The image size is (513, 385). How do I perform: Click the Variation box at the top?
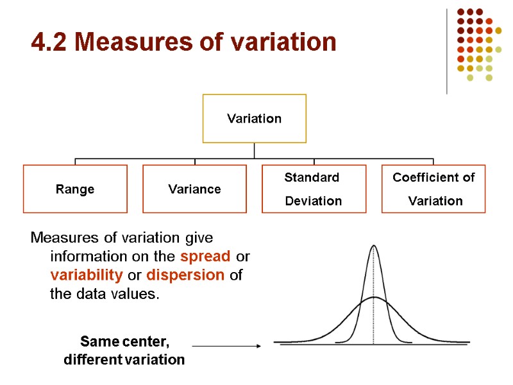pyautogui.click(x=255, y=119)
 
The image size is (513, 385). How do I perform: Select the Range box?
pyautogui.click(x=75, y=189)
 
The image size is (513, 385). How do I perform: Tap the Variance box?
pyautogui.click(x=194, y=189)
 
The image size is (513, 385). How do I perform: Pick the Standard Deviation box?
pyautogui.click(x=314, y=189)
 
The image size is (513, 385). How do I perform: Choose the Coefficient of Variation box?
pyautogui.click(x=433, y=189)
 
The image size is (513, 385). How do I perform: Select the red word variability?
pyautogui.click(x=87, y=275)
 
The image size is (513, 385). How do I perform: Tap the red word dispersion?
pyautogui.click(x=185, y=275)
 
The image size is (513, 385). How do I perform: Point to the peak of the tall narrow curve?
pyautogui.click(x=374, y=246)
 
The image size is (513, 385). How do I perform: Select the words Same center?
pyautogui.click(x=124, y=341)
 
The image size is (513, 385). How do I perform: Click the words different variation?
pyautogui.click(x=124, y=360)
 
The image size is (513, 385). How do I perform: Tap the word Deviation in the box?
pyautogui.click(x=314, y=201)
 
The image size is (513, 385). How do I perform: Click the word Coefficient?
pyautogui.click(x=433, y=178)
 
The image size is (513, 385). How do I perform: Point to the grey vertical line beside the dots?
pyautogui.click(x=447, y=51)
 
